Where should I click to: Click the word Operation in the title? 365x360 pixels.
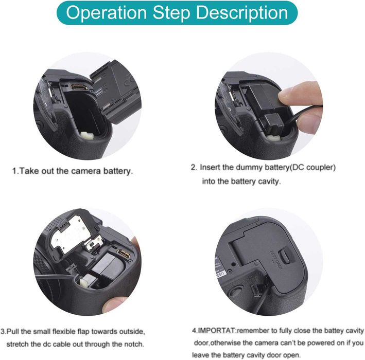point(106,13)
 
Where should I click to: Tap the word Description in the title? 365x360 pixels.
point(242,13)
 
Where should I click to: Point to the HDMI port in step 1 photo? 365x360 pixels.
point(79,87)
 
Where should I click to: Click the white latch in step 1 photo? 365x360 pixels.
point(86,135)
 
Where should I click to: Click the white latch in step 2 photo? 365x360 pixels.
point(273,137)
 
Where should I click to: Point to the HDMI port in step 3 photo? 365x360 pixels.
point(124,254)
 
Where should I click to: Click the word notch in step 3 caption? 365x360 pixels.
point(134,344)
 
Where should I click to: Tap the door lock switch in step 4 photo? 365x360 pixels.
point(285,256)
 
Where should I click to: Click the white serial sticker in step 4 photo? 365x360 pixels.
point(220,268)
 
